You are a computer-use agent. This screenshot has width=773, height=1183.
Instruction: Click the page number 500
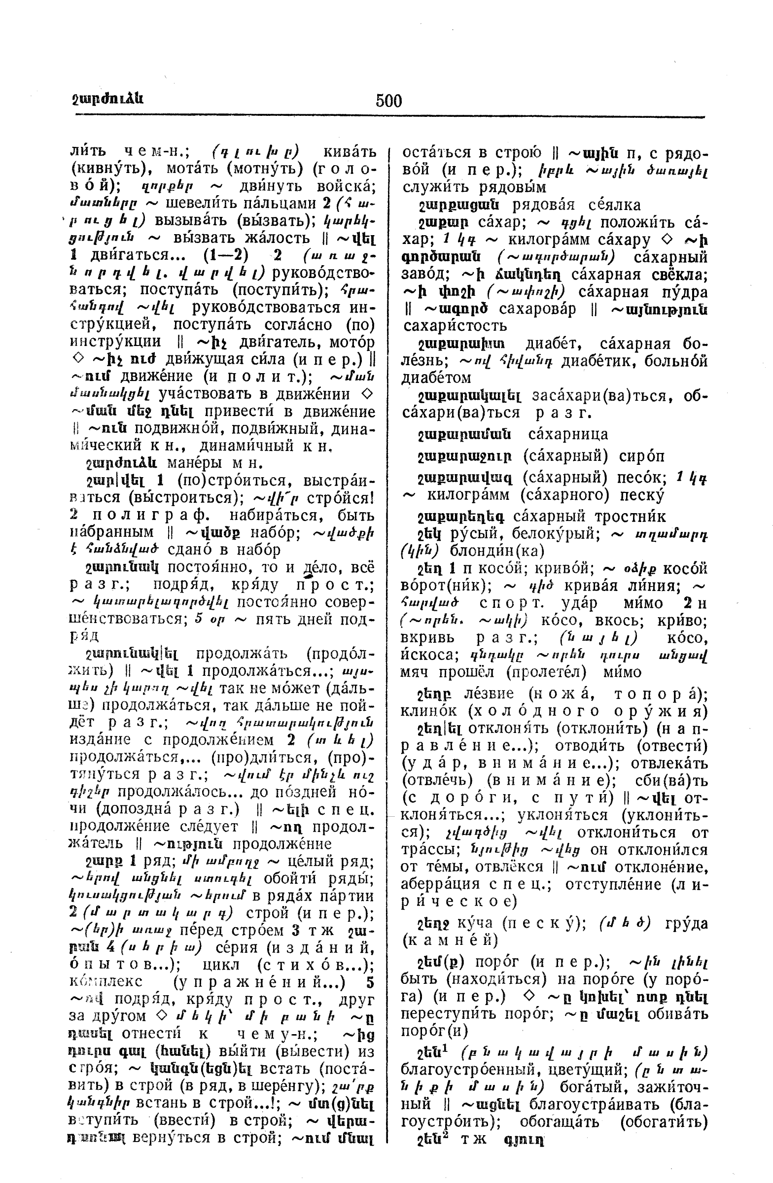click(388, 101)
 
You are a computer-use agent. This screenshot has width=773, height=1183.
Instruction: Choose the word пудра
click(686, 291)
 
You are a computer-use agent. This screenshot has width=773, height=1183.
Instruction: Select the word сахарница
click(568, 434)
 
